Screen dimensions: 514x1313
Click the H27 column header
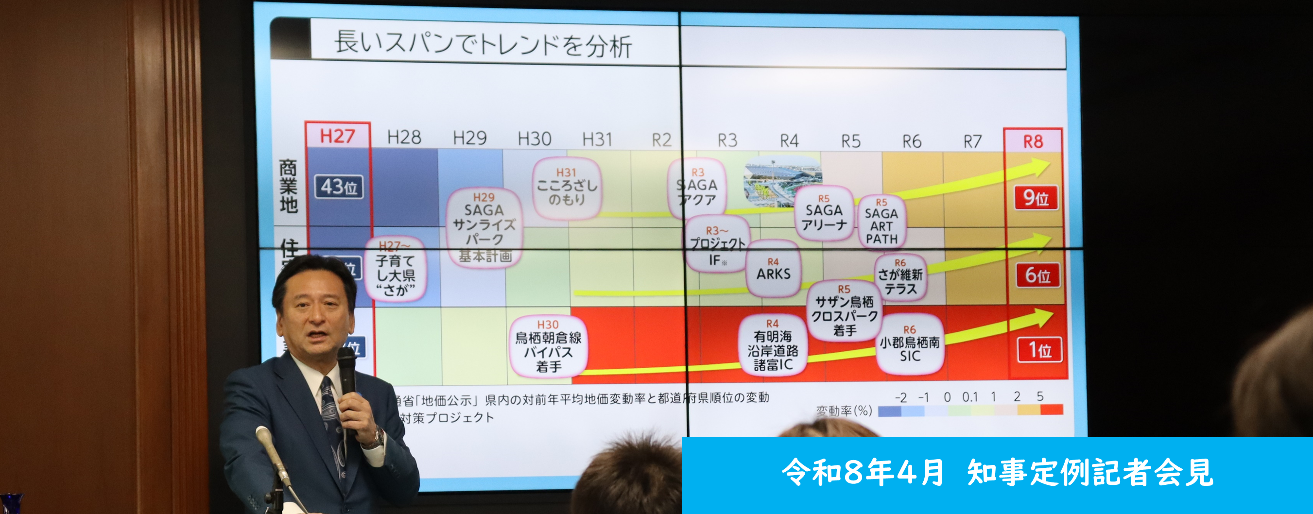point(337,136)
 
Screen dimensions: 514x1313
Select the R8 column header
point(1033,141)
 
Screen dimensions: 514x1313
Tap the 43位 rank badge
point(339,187)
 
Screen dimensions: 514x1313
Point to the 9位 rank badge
point(1036,198)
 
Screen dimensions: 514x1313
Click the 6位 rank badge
point(1038,275)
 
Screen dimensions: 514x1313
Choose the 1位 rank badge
point(1040,350)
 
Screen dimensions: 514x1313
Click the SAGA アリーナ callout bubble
point(824,213)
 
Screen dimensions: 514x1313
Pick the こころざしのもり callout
point(567,188)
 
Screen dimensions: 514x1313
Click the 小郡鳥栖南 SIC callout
point(910,344)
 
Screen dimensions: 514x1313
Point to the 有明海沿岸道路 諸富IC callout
point(773,345)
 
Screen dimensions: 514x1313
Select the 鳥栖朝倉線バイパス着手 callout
point(548,346)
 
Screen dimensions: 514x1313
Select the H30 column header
point(534,138)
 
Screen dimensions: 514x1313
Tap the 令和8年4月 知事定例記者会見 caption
point(997,472)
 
